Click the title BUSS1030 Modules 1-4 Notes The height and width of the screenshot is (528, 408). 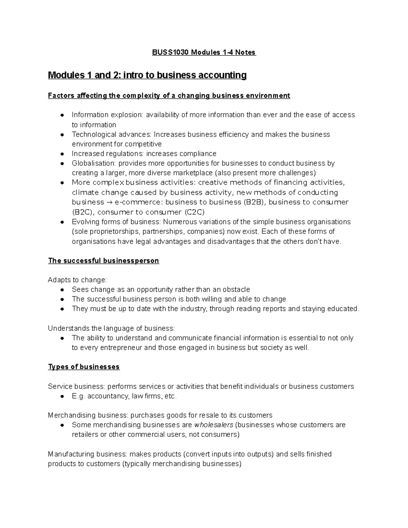(203, 52)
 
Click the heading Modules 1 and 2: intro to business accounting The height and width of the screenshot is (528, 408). (147, 75)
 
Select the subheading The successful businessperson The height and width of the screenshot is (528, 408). (103, 261)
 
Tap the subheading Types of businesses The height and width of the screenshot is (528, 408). (84, 367)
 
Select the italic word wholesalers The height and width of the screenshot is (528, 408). (214, 425)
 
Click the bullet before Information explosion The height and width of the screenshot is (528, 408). (62, 115)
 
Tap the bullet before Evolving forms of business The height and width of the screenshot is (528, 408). (62, 222)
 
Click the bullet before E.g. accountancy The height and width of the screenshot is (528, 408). (62, 396)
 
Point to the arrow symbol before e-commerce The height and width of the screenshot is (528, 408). (109, 202)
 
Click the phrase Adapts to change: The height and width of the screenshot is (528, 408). (77, 280)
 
